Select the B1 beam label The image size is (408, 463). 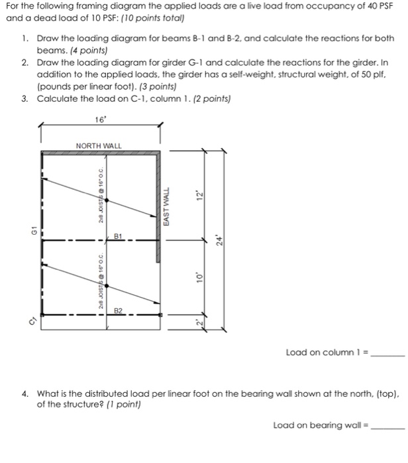tap(119, 235)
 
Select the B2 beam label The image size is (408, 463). tap(119, 310)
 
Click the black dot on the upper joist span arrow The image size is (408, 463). tap(109, 198)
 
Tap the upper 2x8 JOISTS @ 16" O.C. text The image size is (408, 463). tap(99, 195)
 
